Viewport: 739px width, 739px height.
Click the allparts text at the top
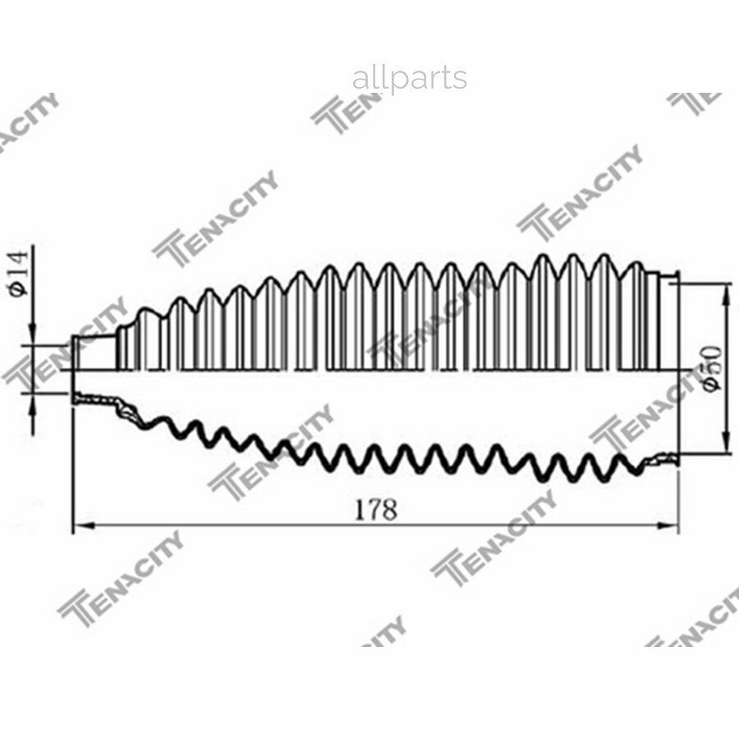tap(410, 79)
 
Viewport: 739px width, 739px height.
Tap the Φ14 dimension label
tap(20, 273)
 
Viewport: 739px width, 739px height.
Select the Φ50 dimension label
tap(710, 367)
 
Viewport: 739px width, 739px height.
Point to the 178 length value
tap(375, 509)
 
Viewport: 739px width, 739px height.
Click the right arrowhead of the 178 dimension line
tap(667, 526)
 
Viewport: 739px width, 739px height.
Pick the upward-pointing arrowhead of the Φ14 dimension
tap(33, 403)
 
